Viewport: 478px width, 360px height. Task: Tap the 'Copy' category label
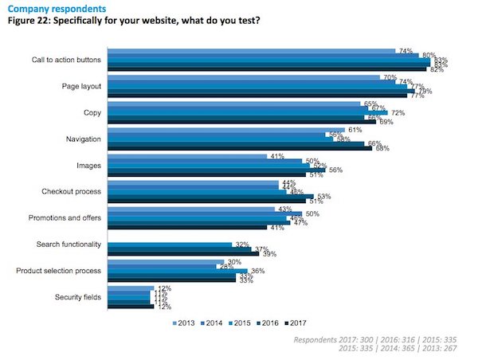[92, 112]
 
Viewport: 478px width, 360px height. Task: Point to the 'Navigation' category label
[81, 139]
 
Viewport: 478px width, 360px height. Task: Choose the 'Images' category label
[88, 166]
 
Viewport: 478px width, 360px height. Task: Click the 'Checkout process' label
[70, 192]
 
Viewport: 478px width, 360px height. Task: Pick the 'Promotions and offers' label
[64, 218]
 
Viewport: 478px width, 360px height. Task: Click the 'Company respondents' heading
[47, 6]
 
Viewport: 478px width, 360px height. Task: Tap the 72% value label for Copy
[398, 112]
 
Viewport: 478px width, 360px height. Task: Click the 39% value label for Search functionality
[269, 254]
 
